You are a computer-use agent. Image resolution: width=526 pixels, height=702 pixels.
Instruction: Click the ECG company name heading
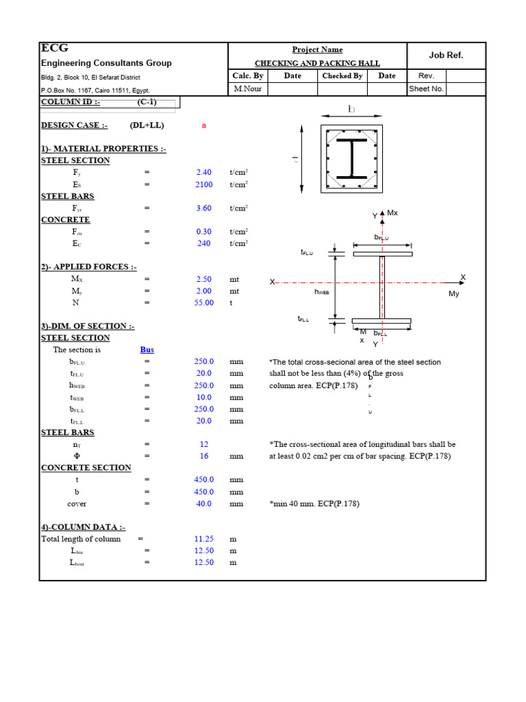coord(55,48)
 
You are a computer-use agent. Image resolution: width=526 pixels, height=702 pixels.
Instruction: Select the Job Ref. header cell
coord(446,56)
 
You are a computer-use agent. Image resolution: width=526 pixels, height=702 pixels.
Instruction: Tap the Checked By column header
coord(342,76)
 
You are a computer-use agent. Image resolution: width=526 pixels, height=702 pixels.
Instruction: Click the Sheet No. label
coord(426,88)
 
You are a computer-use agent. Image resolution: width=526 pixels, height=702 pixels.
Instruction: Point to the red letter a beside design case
coord(204,125)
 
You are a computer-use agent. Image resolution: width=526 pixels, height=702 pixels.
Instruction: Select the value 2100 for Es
coord(204,184)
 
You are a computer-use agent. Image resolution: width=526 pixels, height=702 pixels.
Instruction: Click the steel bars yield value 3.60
coord(204,208)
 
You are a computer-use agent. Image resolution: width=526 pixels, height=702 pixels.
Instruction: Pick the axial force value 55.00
coord(204,302)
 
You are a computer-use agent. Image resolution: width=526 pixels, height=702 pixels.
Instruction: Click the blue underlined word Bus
coord(147,350)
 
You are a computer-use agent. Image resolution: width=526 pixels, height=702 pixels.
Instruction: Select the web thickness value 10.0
coord(204,397)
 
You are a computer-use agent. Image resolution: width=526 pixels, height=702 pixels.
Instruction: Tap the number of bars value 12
coord(204,444)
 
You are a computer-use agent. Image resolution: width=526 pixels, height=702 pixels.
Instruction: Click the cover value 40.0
coord(204,503)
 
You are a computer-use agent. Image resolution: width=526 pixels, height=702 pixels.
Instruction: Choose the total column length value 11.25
coord(204,539)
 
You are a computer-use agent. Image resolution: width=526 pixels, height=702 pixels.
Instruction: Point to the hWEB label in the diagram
coord(321,291)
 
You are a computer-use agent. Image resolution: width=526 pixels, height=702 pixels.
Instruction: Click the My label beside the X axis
coord(454,293)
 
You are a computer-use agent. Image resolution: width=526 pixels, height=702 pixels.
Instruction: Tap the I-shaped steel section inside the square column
coord(352,158)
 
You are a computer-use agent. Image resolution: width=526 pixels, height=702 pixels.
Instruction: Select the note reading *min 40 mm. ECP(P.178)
coord(314,504)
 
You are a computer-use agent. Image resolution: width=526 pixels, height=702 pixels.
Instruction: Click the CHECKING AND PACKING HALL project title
coord(317,62)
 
